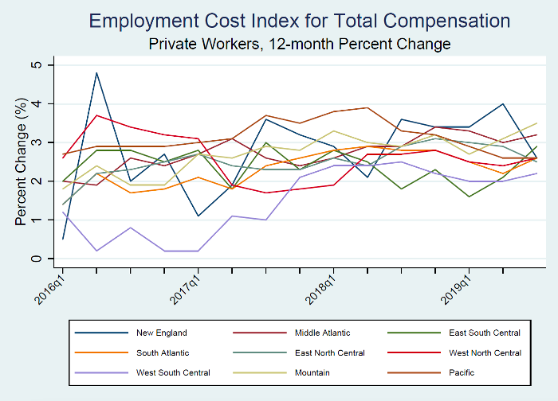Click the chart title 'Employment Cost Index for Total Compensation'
click(300, 21)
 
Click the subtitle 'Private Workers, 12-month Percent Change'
click(300, 43)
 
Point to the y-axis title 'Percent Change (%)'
click(22, 162)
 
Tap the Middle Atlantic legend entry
click(299, 333)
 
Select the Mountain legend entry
click(290, 372)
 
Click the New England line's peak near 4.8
click(96, 72)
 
